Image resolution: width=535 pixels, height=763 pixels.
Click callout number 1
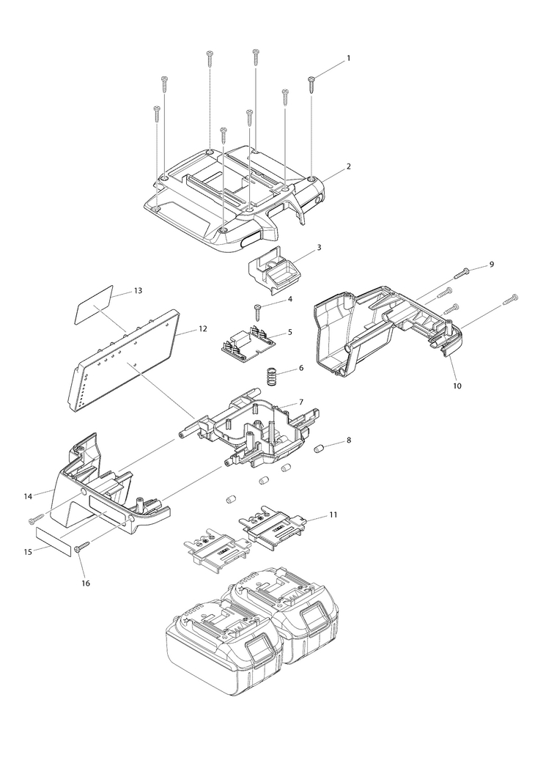[x=348, y=57]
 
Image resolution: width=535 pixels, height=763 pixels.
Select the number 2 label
[x=348, y=166]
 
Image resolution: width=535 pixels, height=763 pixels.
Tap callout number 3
[x=319, y=248]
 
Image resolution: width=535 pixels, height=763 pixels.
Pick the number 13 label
[x=137, y=290]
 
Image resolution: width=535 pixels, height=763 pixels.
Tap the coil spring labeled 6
[x=271, y=379]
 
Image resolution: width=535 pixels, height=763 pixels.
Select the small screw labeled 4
[x=258, y=311]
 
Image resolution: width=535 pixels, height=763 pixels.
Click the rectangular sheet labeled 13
[x=95, y=305]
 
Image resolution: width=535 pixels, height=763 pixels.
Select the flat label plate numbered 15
[x=54, y=538]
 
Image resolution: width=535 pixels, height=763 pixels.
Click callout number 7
[x=300, y=404]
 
